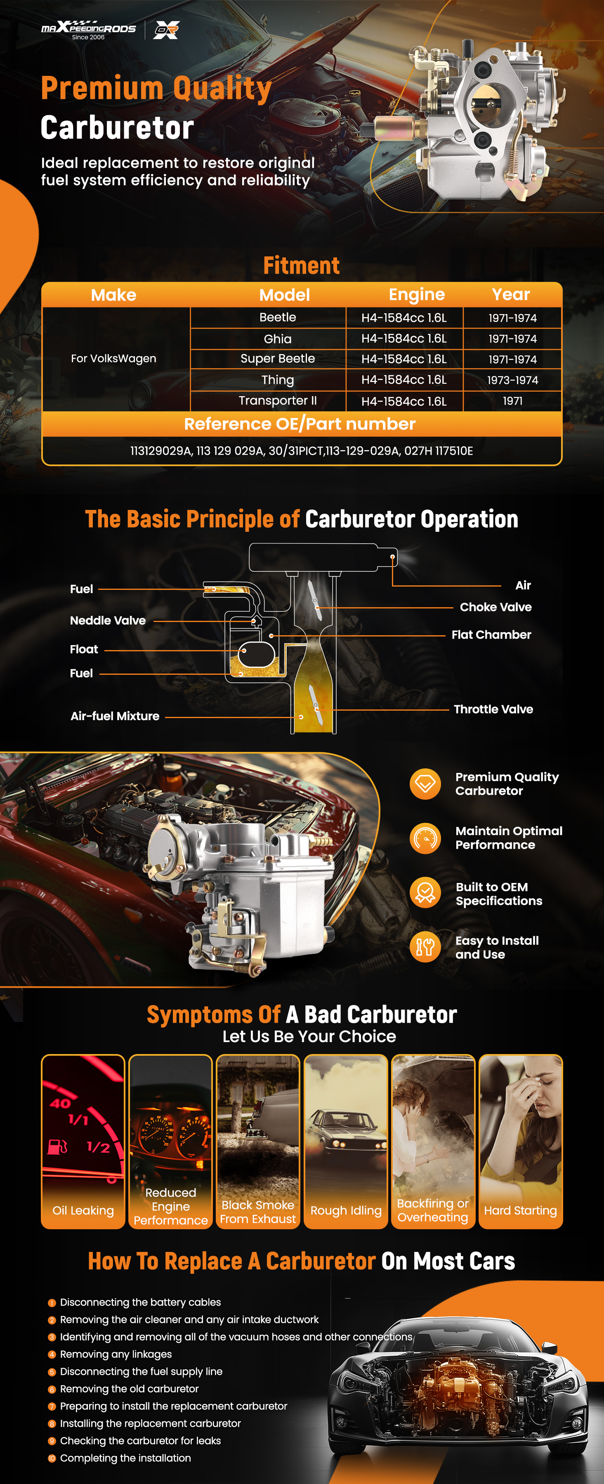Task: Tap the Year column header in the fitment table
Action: pyautogui.click(x=511, y=294)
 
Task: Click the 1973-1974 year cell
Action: pyautogui.click(x=512, y=380)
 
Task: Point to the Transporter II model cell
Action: pyautogui.click(x=278, y=400)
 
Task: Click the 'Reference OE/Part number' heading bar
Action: pyautogui.click(x=300, y=424)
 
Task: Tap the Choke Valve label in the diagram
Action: pyautogui.click(x=495, y=607)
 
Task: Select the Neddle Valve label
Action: pyautogui.click(x=108, y=620)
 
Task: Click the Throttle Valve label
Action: pyautogui.click(x=493, y=709)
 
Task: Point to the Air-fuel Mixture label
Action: pyautogui.click(x=115, y=716)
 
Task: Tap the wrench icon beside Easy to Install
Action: pyautogui.click(x=425, y=946)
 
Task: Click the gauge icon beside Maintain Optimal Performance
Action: pyautogui.click(x=425, y=838)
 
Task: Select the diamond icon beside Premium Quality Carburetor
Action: pyautogui.click(x=425, y=784)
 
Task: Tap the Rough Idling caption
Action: pyautogui.click(x=346, y=1210)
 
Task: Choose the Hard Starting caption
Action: pyautogui.click(x=520, y=1210)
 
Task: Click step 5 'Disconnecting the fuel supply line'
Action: pyautogui.click(x=141, y=1371)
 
